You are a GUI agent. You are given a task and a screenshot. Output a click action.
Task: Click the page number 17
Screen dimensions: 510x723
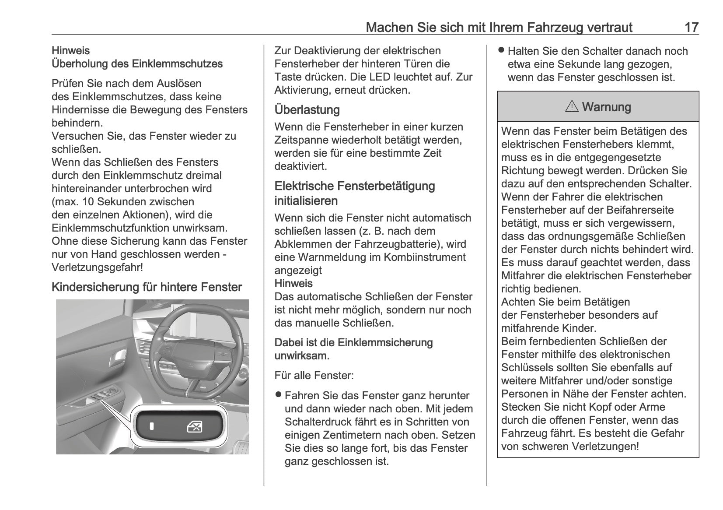(x=691, y=28)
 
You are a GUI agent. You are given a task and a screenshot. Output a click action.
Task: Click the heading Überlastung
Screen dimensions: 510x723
(x=307, y=109)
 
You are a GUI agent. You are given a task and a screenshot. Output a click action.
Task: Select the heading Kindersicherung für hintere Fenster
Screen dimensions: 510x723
(x=147, y=287)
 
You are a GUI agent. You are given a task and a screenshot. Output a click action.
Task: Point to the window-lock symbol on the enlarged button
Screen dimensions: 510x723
(x=194, y=426)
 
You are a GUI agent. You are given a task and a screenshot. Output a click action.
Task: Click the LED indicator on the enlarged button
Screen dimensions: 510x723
(x=151, y=426)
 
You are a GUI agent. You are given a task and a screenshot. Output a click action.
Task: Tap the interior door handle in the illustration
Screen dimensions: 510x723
(x=118, y=359)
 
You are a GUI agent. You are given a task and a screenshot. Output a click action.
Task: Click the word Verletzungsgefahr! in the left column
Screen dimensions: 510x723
(x=97, y=267)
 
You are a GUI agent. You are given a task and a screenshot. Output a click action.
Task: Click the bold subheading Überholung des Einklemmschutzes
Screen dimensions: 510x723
(x=137, y=63)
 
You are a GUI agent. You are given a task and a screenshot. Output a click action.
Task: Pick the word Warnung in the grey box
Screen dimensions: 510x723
(x=607, y=107)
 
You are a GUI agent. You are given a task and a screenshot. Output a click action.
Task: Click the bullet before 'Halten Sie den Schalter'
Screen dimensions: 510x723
(x=501, y=51)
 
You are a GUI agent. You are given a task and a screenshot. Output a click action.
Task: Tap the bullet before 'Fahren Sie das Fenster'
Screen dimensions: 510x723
(x=278, y=395)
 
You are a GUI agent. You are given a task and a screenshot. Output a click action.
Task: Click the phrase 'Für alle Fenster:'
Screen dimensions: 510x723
(x=314, y=375)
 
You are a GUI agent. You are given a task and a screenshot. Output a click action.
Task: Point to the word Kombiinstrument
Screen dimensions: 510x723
(x=423, y=257)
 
